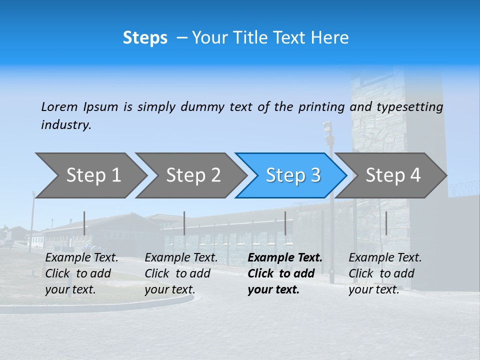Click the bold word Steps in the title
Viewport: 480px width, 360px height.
[x=145, y=38]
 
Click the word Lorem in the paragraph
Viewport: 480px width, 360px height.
[x=59, y=106]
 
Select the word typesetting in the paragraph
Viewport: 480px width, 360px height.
[x=409, y=107]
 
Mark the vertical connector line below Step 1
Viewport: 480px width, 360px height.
[x=84, y=223]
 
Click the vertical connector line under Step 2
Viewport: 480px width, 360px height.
[x=184, y=223]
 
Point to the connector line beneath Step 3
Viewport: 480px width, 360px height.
[x=285, y=223]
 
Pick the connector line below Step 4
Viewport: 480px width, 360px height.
[x=386, y=223]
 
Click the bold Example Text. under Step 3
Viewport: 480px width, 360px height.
[x=285, y=258]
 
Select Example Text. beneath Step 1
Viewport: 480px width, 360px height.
[x=82, y=258]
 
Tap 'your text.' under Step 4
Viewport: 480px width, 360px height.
[x=374, y=289]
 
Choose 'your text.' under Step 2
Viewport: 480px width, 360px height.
[x=170, y=289]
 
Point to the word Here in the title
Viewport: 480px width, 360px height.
[x=332, y=38]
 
